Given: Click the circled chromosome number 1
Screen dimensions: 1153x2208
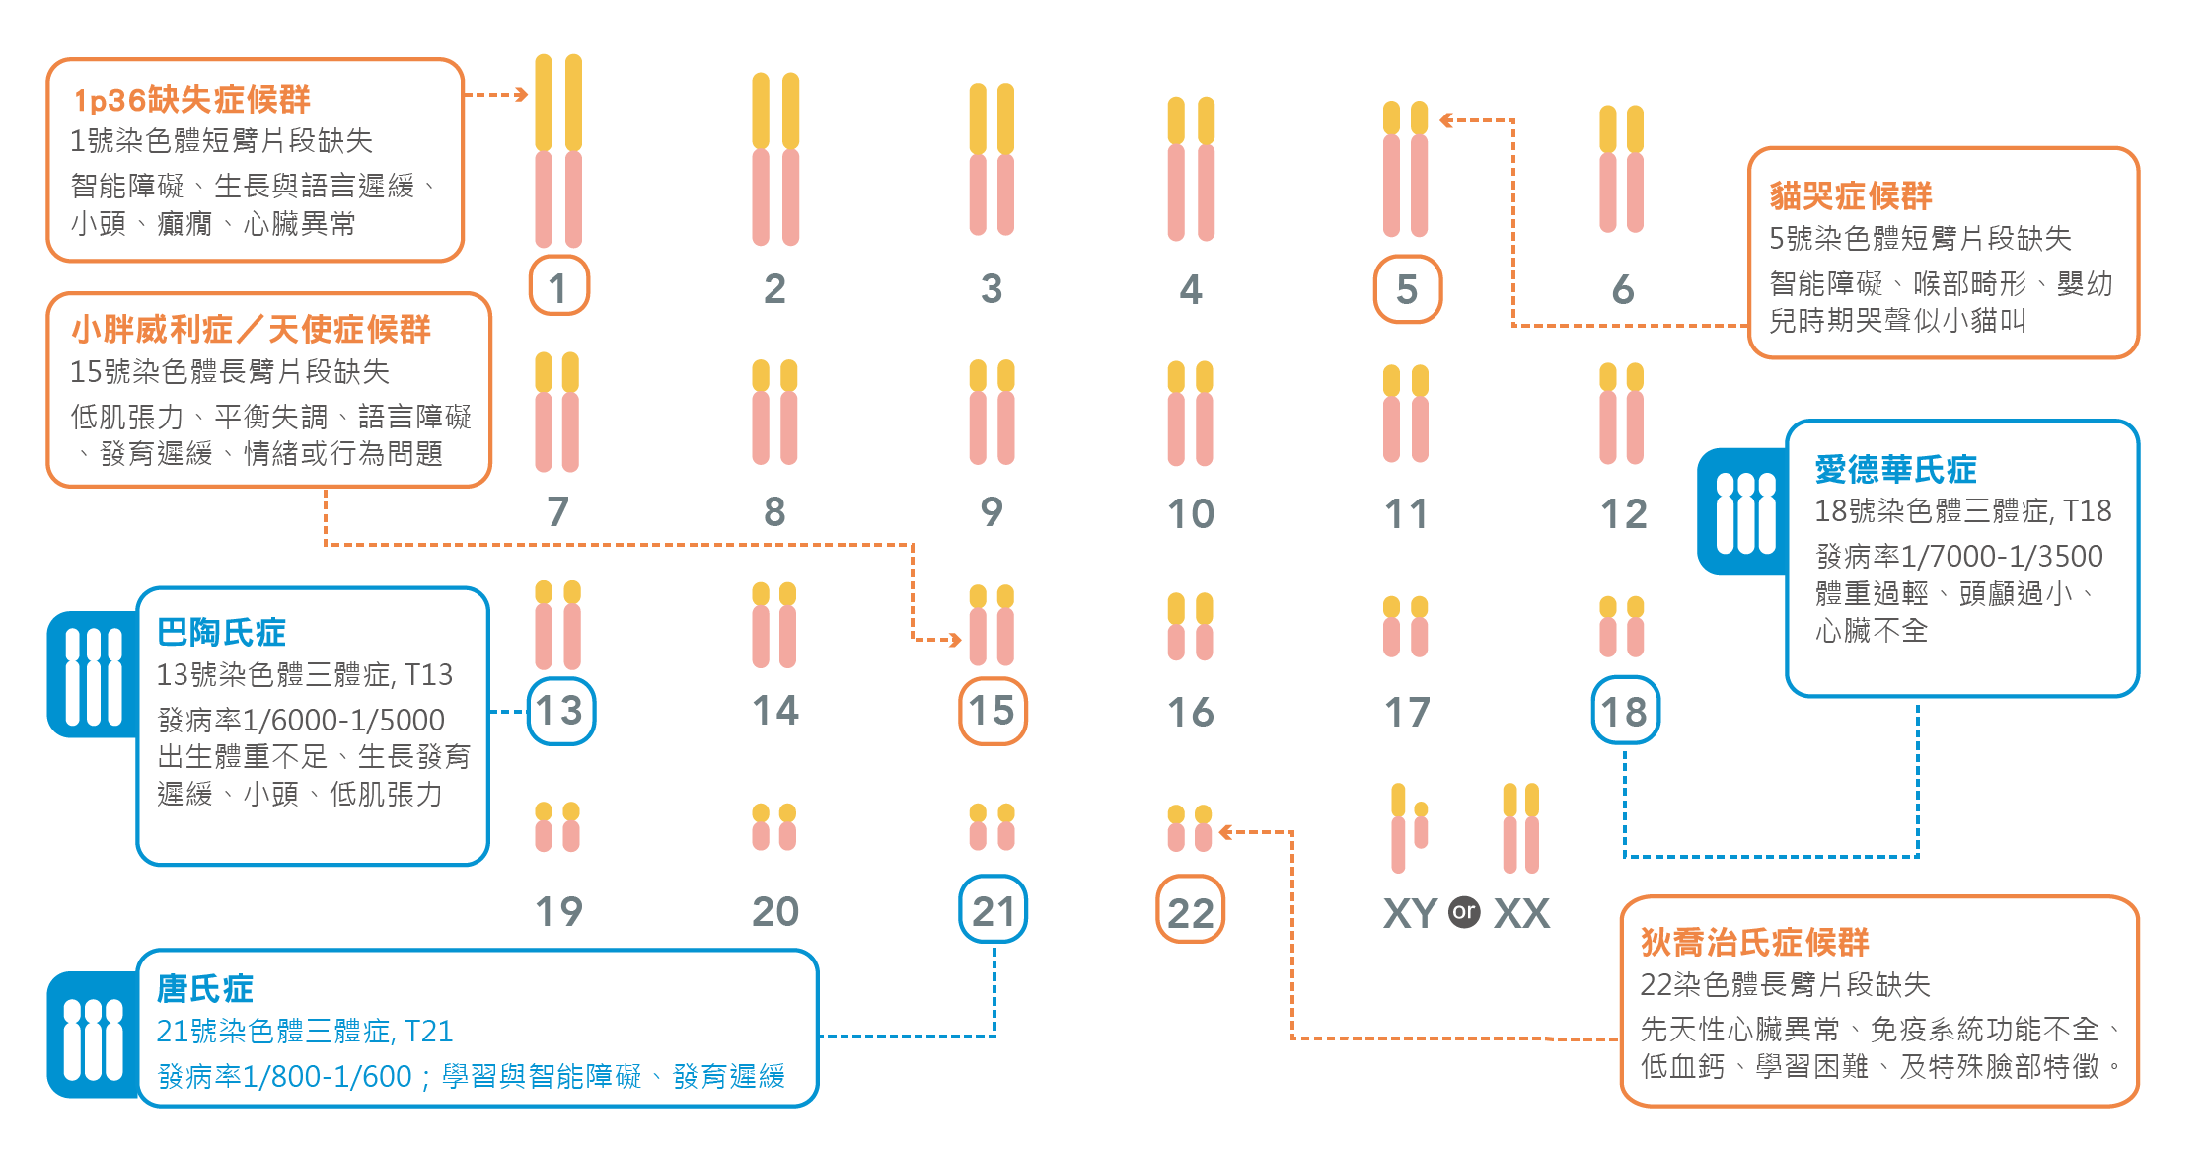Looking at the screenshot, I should pyautogui.click(x=558, y=286).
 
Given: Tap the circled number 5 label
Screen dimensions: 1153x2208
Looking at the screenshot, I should pyautogui.click(x=1407, y=288).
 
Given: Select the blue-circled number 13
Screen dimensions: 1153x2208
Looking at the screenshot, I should pyautogui.click(x=560, y=711).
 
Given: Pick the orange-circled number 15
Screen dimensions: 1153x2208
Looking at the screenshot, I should pyautogui.click(x=993, y=711).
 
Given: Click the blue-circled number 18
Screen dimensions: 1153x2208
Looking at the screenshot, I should pyautogui.click(x=1625, y=711).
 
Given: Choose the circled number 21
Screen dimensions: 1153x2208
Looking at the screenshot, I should pyautogui.click(x=993, y=910).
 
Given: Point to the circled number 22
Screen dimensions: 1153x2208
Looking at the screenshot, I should pyautogui.click(x=1190, y=910).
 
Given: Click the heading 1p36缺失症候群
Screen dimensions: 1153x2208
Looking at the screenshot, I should pyautogui.click(x=192, y=99).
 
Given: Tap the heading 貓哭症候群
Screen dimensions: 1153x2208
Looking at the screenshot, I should pyautogui.click(x=1850, y=195).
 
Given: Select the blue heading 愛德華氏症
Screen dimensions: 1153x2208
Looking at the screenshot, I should pyautogui.click(x=1895, y=469).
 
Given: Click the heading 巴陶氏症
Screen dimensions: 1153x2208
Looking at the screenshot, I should pyautogui.click(x=221, y=632).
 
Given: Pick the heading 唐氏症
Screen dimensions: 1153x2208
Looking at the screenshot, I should pyautogui.click(x=205, y=987).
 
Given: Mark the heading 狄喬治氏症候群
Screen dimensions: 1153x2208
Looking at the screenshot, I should pyautogui.click(x=1754, y=942).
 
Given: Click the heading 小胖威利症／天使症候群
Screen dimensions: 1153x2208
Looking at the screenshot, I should pyautogui.click(x=252, y=329).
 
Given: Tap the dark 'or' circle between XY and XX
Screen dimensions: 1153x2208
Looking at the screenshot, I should pyautogui.click(x=1464, y=912).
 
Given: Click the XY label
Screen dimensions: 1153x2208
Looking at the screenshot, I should pyautogui.click(x=1410, y=913).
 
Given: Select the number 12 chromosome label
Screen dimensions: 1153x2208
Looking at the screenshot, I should pyautogui.click(x=1624, y=513).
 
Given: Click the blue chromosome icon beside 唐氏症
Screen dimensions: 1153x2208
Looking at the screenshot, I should pyautogui.click(x=93, y=1037).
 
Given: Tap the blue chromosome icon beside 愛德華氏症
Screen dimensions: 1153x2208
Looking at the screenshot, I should pyautogui.click(x=1744, y=511).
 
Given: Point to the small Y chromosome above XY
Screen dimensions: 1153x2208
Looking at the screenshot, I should pyautogui.click(x=1421, y=825).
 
